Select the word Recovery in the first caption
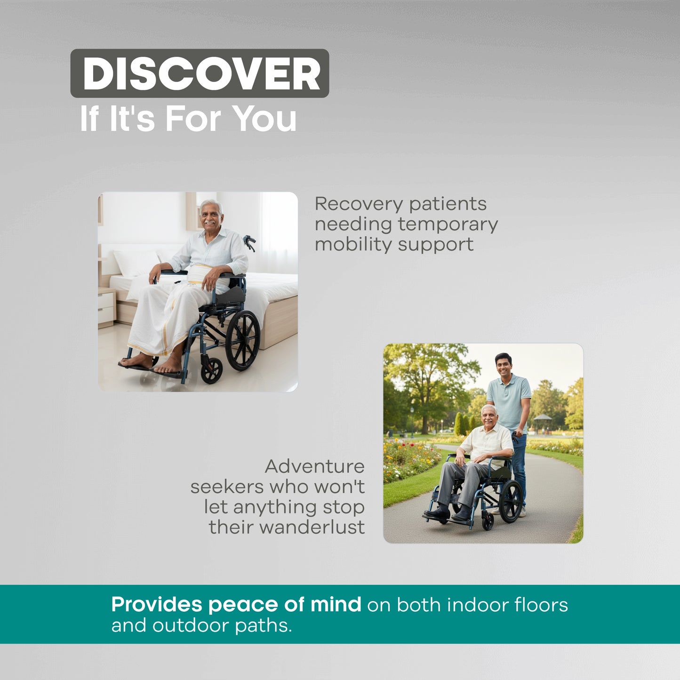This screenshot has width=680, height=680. tap(359, 204)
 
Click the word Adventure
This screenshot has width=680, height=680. tap(314, 466)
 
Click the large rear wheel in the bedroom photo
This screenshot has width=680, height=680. tap(243, 340)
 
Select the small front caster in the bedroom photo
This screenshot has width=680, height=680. tap(212, 370)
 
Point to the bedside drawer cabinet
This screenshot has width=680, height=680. tap(107, 308)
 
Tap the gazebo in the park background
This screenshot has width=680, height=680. tap(543, 422)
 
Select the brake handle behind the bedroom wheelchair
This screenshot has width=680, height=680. tap(250, 242)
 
